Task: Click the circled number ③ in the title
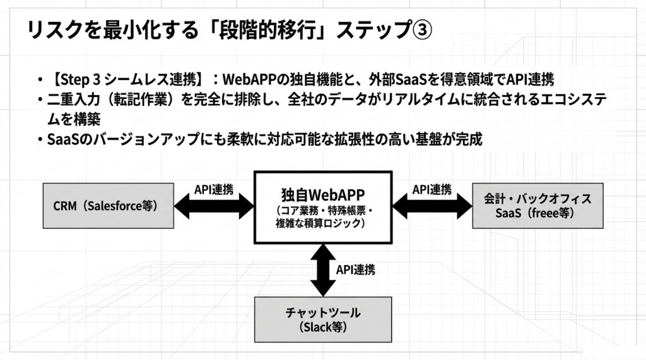click(422, 30)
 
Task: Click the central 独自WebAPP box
click(323, 207)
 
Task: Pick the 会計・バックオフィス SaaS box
click(537, 206)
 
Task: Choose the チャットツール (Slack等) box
click(324, 320)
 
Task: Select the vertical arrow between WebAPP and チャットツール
click(323, 270)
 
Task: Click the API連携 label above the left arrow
click(213, 189)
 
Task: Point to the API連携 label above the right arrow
click(432, 189)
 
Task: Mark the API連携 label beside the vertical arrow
click(355, 270)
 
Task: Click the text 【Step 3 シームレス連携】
click(126, 80)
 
